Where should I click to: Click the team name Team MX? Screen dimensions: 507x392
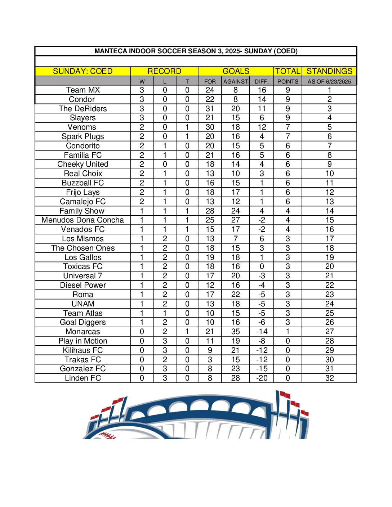(83, 90)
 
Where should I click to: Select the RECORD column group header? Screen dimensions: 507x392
(164, 71)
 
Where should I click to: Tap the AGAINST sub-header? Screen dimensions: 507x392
(236, 81)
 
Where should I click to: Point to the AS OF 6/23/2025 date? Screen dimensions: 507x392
(329, 81)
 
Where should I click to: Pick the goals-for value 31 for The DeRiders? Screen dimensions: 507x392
(210, 109)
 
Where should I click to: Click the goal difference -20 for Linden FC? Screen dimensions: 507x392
(262, 378)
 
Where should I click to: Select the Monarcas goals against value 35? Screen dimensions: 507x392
(236, 332)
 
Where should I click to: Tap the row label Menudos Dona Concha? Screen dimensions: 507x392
(83, 220)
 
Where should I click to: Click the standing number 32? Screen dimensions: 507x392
(329, 378)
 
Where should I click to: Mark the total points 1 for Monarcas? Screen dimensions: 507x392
(288, 332)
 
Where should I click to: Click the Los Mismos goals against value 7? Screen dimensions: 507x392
(236, 239)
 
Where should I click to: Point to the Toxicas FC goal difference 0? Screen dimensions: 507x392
(262, 266)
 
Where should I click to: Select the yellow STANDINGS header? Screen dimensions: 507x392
(329, 71)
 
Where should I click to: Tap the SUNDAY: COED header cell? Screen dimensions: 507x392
(83, 71)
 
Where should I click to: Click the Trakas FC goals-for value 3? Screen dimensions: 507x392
(210, 359)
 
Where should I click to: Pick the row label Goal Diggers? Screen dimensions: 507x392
(83, 322)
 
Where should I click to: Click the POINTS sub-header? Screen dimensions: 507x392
(288, 81)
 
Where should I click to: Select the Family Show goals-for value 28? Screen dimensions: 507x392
(210, 211)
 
